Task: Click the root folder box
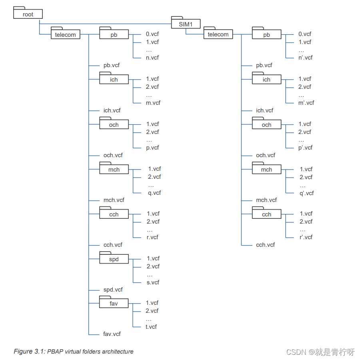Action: coord(28,14)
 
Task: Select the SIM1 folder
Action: coord(186,24)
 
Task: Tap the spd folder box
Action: coord(114,259)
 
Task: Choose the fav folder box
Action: coord(114,304)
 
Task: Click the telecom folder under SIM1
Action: coord(218,34)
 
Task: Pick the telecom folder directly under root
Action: coord(65,34)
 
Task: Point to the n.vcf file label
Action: coord(152,58)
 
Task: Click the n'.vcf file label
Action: coord(305,58)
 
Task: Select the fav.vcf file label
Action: coord(112,334)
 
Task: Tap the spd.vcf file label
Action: coord(113,290)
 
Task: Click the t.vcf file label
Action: coord(151,327)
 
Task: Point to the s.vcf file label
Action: coord(152,282)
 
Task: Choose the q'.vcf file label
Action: coord(307,193)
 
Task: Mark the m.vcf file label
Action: coord(153,103)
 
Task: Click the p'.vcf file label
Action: coord(305,148)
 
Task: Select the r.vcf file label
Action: coord(152,237)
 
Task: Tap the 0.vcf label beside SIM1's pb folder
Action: coord(305,34)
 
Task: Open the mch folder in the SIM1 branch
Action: coord(267,170)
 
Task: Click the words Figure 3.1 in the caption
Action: coord(29,352)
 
